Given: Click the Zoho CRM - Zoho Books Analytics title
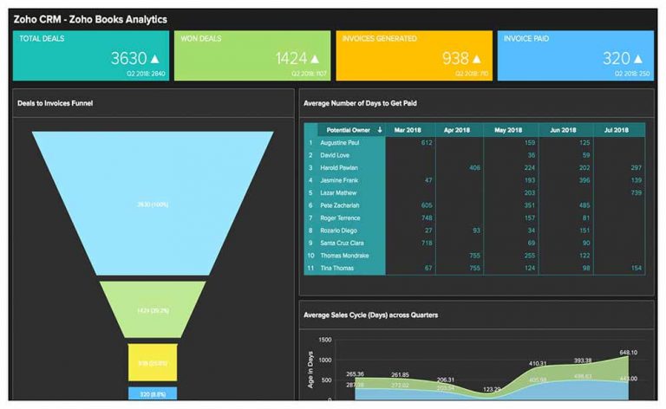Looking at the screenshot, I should (91, 18).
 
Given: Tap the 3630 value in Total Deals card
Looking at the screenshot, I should (128, 58).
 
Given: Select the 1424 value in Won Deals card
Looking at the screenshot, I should (291, 58).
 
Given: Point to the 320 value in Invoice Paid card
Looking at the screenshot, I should (617, 58).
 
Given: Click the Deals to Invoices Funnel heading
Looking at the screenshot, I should (55, 103).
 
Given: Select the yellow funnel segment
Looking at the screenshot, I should (153, 362).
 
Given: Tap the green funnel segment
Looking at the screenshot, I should (153, 308).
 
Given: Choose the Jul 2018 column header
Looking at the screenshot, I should (617, 129).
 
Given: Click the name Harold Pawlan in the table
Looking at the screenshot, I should (340, 167).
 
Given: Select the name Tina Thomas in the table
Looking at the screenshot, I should (336, 269).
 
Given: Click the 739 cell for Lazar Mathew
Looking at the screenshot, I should (636, 192).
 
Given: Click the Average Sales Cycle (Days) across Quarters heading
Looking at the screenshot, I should (370, 315).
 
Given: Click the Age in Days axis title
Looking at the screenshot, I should (310, 369).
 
